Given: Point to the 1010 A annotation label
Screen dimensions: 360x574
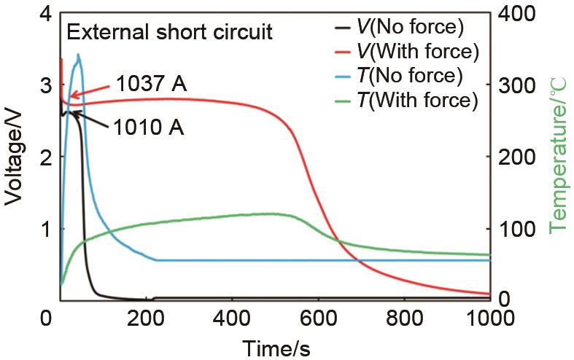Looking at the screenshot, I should tap(149, 129).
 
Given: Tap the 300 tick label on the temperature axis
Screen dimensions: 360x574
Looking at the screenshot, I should tap(516, 85).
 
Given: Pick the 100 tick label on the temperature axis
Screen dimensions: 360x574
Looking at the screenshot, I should tap(516, 229).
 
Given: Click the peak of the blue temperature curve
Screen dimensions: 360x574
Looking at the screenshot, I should tap(78, 55).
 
